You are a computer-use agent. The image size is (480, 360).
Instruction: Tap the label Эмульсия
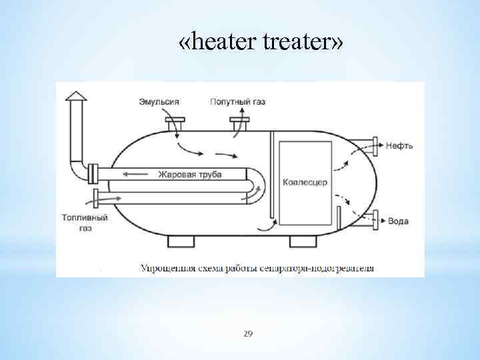pyautogui.click(x=159, y=101)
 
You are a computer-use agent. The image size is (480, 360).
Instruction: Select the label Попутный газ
pyautogui.click(x=237, y=101)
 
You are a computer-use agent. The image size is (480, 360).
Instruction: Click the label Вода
pyautogui.click(x=398, y=221)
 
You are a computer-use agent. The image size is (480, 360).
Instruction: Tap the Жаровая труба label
pyautogui.click(x=190, y=175)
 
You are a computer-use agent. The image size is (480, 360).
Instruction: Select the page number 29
pyautogui.click(x=248, y=333)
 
